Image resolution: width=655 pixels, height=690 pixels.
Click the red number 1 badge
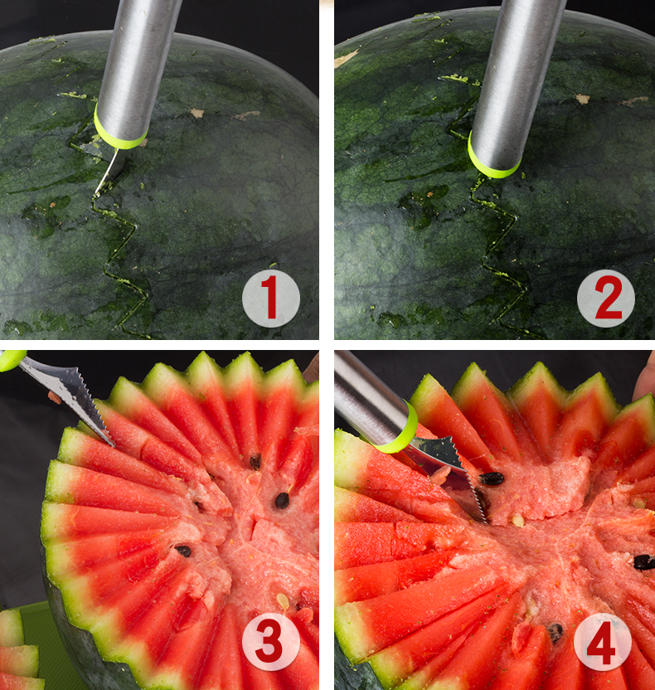[x=271, y=298]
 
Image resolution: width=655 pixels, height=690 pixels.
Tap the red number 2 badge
[x=606, y=298]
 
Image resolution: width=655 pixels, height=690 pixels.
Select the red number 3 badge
[x=271, y=642]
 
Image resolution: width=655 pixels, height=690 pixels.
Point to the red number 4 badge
[x=603, y=642]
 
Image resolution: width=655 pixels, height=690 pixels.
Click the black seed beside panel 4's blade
[x=492, y=478]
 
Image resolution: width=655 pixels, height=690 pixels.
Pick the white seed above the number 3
[x=283, y=600]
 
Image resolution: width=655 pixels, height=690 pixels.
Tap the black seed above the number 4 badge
[x=556, y=632]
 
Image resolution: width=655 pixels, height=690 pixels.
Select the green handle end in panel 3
[x=12, y=360]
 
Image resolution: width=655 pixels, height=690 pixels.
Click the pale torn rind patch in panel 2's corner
[x=346, y=58]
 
